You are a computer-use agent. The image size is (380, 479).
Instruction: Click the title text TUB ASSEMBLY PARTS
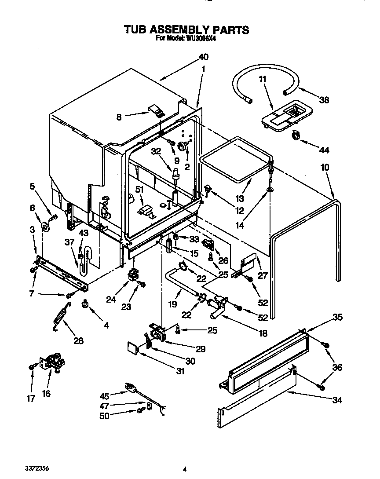click(x=186, y=29)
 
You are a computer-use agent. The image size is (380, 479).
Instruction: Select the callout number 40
click(x=203, y=57)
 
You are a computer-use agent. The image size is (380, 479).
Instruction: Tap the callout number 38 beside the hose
click(x=324, y=100)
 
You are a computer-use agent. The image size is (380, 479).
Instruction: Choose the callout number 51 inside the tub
click(x=139, y=190)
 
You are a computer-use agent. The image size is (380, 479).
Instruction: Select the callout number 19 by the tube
click(x=172, y=303)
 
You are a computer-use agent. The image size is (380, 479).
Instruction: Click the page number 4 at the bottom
click(x=185, y=469)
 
